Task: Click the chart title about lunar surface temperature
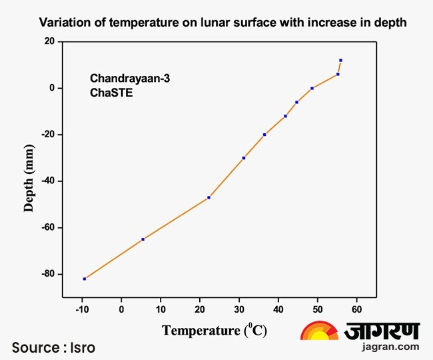[222, 22]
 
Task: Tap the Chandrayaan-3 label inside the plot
[131, 79]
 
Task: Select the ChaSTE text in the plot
[112, 93]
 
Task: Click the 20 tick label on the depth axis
[49, 41]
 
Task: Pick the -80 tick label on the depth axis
[46, 274]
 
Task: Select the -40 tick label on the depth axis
[46, 181]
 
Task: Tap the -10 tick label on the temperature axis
[82, 309]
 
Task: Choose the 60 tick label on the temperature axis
[357, 309]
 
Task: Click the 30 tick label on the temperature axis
[239, 309]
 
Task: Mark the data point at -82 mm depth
[85, 279]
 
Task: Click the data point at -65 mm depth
[143, 239]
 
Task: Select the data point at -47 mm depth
[209, 197]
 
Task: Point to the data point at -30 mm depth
[244, 158]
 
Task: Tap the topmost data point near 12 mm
[340, 60]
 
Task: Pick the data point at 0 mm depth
[312, 88]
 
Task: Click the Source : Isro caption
[53, 347]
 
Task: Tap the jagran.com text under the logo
[390, 346]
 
